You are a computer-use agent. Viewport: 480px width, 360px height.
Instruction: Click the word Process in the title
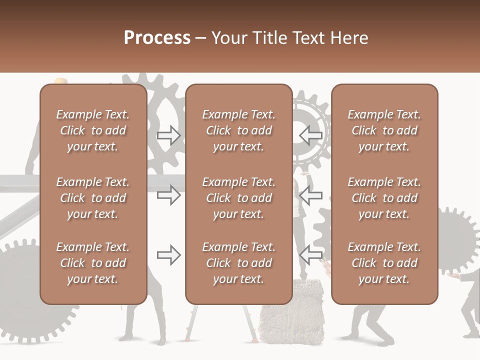[157, 38]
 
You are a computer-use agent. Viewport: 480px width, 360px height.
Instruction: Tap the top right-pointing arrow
[169, 135]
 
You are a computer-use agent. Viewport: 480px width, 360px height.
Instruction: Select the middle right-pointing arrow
[169, 195]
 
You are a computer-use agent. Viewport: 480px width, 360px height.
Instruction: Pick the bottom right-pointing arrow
[169, 255]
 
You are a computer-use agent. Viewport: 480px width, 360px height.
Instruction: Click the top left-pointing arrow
[310, 135]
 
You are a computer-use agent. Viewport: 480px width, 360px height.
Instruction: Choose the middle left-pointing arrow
[310, 195]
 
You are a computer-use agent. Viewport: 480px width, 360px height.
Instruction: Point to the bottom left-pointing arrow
[310, 255]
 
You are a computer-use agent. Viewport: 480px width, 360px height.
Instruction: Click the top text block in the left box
[93, 130]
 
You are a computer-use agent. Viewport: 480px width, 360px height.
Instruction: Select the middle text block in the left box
[93, 198]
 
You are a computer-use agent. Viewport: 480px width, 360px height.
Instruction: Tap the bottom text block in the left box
[93, 263]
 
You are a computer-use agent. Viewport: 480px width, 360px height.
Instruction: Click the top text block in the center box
[239, 130]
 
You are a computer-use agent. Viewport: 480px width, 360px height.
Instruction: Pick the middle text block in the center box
[239, 198]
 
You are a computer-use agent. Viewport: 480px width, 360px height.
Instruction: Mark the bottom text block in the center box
[239, 263]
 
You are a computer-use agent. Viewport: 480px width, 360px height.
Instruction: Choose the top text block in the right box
[384, 130]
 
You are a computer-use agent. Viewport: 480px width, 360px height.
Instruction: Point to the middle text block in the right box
[384, 198]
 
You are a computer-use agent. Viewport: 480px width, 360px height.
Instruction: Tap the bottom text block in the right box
[384, 263]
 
